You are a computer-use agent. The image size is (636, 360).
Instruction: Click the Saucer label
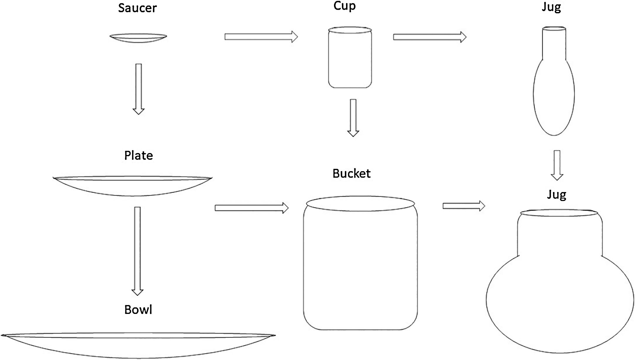pos(137,8)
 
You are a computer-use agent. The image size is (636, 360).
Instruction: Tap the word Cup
pos(345,6)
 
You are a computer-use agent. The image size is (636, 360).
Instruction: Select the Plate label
pos(139,155)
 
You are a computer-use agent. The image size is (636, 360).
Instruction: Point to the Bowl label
pos(138,310)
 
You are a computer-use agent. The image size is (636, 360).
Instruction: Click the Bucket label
pos(351,174)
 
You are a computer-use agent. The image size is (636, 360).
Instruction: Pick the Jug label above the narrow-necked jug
pos(551,7)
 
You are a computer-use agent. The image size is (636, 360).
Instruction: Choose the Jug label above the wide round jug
pos(556,195)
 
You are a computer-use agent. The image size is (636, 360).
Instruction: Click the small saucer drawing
pos(138,38)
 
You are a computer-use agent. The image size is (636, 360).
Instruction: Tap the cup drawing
pos(350,59)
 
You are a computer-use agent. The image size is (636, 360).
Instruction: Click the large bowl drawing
pos(138,345)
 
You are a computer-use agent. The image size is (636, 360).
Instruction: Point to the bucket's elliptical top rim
pos(360,203)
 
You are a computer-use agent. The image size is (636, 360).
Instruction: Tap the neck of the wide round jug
pos(560,235)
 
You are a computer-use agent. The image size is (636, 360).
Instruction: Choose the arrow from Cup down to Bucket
pos(353,118)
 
